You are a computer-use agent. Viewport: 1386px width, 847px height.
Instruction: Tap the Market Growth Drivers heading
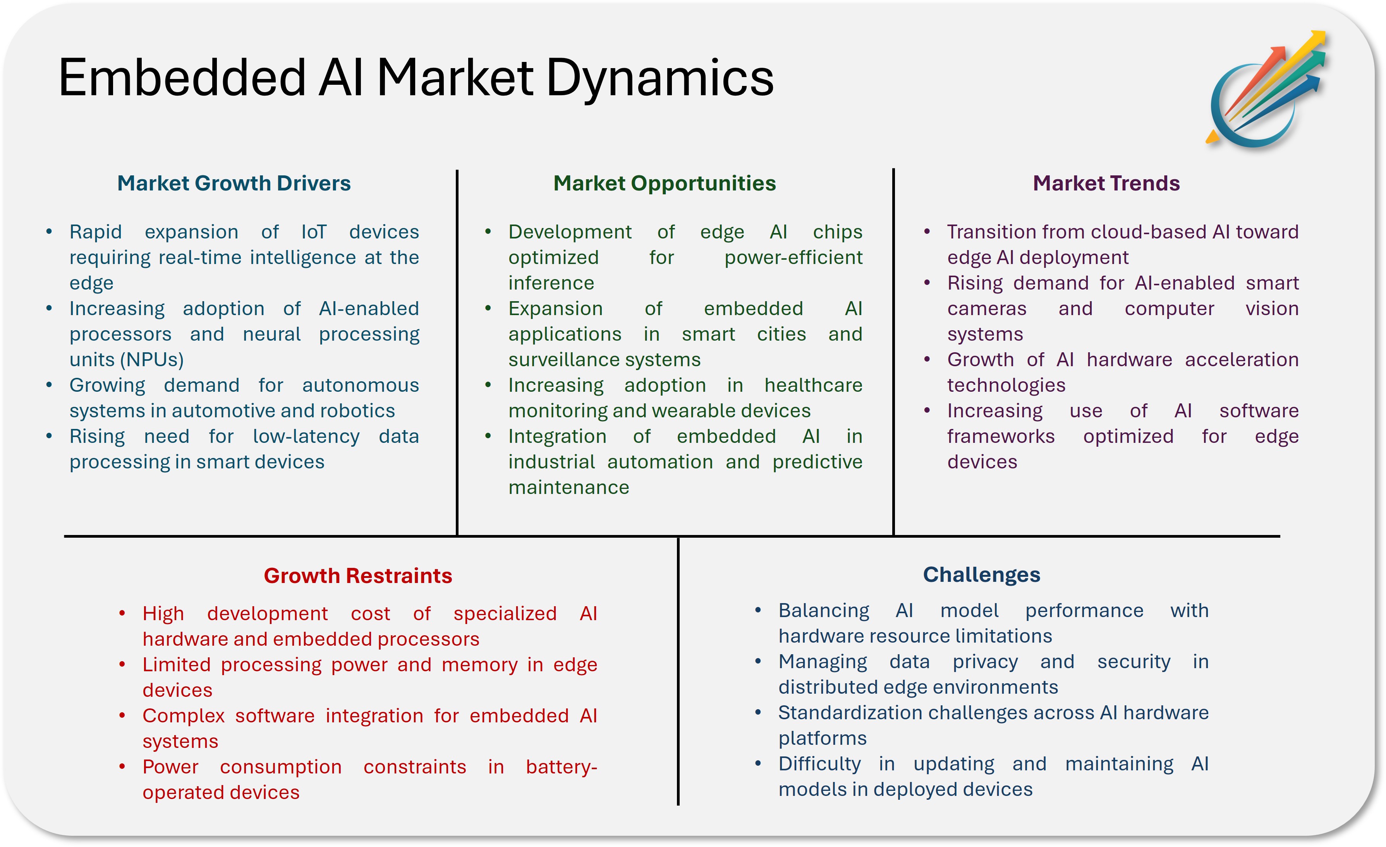[234, 183]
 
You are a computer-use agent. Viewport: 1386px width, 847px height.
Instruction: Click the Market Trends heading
[1106, 183]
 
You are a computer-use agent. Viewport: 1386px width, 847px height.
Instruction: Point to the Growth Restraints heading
[358, 576]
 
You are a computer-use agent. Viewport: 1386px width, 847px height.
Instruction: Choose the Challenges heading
[982, 575]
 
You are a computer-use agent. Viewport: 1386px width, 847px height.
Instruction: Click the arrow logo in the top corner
[1266, 90]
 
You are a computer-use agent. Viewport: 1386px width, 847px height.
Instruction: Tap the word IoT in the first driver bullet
[313, 232]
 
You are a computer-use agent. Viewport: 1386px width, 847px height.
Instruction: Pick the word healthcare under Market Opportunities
[813, 385]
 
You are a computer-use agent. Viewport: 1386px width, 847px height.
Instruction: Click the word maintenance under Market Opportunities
[568, 487]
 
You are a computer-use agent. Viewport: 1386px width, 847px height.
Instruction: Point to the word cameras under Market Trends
[987, 309]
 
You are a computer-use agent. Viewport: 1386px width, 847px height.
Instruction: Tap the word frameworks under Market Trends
[1001, 436]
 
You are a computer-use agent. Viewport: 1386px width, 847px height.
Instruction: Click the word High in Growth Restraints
[163, 614]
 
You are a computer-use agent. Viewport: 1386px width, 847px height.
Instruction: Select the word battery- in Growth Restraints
[562, 767]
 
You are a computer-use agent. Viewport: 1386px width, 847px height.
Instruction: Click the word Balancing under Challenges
[823, 611]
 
